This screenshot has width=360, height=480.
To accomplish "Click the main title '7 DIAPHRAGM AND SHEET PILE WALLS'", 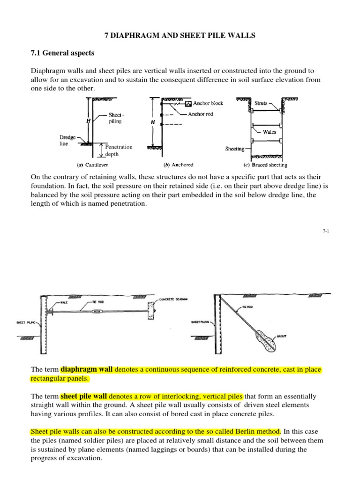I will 180,35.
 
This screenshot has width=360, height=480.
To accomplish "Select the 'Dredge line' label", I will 67,141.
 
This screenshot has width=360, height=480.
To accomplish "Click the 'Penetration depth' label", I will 119,150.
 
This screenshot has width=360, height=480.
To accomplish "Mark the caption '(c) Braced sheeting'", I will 264,165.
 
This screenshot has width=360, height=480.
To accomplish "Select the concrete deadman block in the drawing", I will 151,310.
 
